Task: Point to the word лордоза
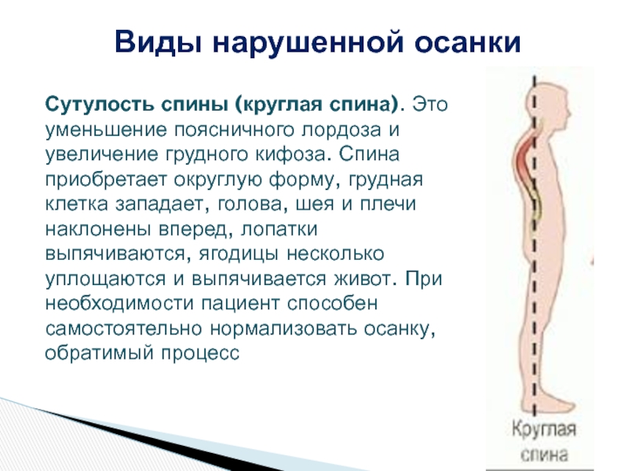pos(341,130)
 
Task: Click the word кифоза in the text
pos(290,155)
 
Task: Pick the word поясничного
pos(234,130)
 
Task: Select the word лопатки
pos(279,229)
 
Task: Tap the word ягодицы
pos(239,254)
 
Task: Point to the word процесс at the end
pos(200,353)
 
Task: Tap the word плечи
pos(388,204)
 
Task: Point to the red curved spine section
pos(526,160)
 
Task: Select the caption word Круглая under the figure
pos(543,429)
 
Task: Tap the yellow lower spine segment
pos(538,204)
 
